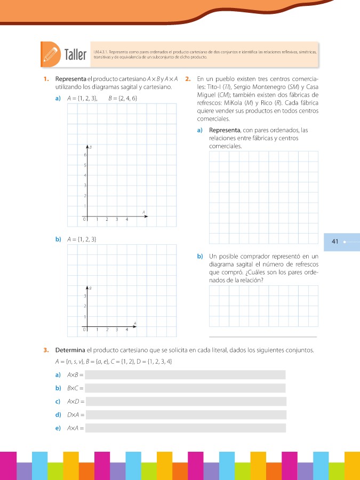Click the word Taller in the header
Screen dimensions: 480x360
tap(75, 55)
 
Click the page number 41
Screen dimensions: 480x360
tap(335, 242)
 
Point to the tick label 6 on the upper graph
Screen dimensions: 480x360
tap(84, 155)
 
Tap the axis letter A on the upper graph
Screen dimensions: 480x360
tap(143, 212)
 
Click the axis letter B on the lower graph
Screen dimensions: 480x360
tap(91, 288)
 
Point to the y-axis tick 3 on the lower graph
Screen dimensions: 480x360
tap(84, 295)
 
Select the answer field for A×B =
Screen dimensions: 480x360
tap(185, 375)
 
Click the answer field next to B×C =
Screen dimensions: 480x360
tap(185, 388)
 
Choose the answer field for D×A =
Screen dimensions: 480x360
tap(185, 415)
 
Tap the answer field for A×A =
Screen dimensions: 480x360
tap(185, 428)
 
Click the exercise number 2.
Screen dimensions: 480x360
tap(188, 79)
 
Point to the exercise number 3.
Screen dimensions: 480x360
tap(47, 350)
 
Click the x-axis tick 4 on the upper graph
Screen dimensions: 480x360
tap(127, 219)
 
